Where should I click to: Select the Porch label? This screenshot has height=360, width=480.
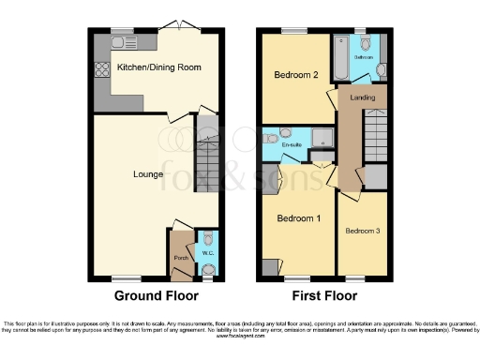click(180, 257)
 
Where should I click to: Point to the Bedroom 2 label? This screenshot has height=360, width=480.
click(292, 74)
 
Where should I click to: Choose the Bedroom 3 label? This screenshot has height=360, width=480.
click(361, 231)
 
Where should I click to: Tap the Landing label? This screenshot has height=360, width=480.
click(363, 97)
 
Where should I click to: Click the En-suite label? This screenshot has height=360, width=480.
click(292, 144)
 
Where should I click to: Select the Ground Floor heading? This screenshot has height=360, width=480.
click(157, 295)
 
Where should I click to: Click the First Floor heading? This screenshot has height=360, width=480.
click(325, 295)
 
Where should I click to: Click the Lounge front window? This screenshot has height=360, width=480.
click(121, 278)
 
